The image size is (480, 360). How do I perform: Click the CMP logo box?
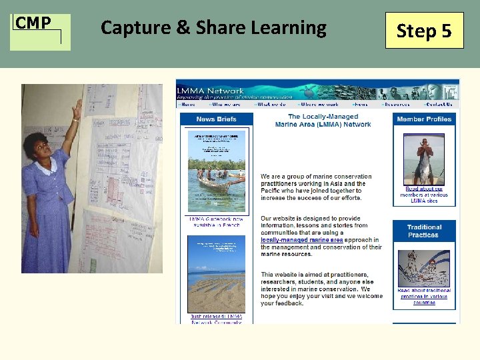[x=40, y=31]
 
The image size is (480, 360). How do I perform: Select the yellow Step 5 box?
[x=424, y=31]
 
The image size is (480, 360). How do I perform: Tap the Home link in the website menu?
[x=187, y=104]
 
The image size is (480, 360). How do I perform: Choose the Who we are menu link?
[x=226, y=104]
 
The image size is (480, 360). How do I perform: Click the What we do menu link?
[x=271, y=104]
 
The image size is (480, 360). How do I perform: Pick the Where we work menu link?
[x=319, y=104]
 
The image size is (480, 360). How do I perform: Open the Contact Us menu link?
[x=439, y=104]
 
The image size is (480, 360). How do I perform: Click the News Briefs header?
[x=216, y=119]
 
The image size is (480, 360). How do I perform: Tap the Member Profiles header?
[x=424, y=119]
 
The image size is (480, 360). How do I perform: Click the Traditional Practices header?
[x=424, y=231]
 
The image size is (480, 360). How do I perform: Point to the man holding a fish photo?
[x=423, y=161]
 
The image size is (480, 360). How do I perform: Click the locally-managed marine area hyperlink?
[x=302, y=240]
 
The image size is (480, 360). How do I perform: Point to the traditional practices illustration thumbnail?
[x=423, y=268]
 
